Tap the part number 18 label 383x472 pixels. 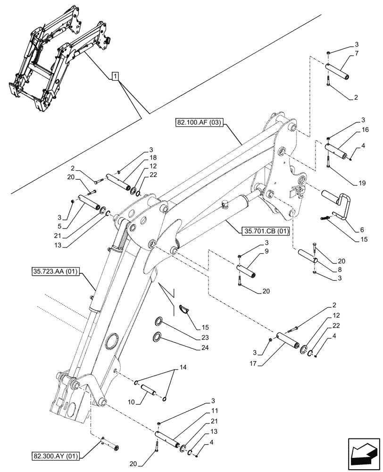click(154, 158)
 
